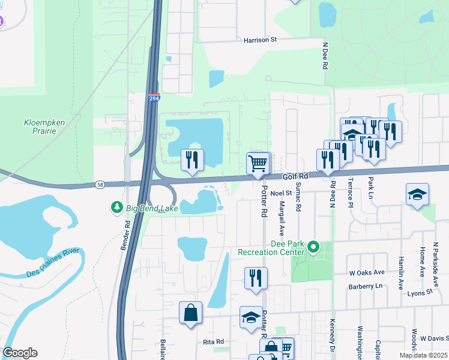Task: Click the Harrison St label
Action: click(x=259, y=40)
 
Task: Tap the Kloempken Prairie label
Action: click(x=43, y=127)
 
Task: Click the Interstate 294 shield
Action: click(x=154, y=97)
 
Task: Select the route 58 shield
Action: click(x=100, y=184)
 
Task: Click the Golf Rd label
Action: click(x=295, y=176)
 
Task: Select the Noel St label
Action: click(x=280, y=193)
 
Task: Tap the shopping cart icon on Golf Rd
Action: click(x=258, y=163)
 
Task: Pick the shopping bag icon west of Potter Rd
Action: click(x=191, y=313)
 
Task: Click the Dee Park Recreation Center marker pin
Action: click(x=312, y=247)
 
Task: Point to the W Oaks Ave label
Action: click(x=367, y=272)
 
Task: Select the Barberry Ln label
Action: click(x=366, y=286)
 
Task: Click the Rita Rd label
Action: click(x=213, y=341)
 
